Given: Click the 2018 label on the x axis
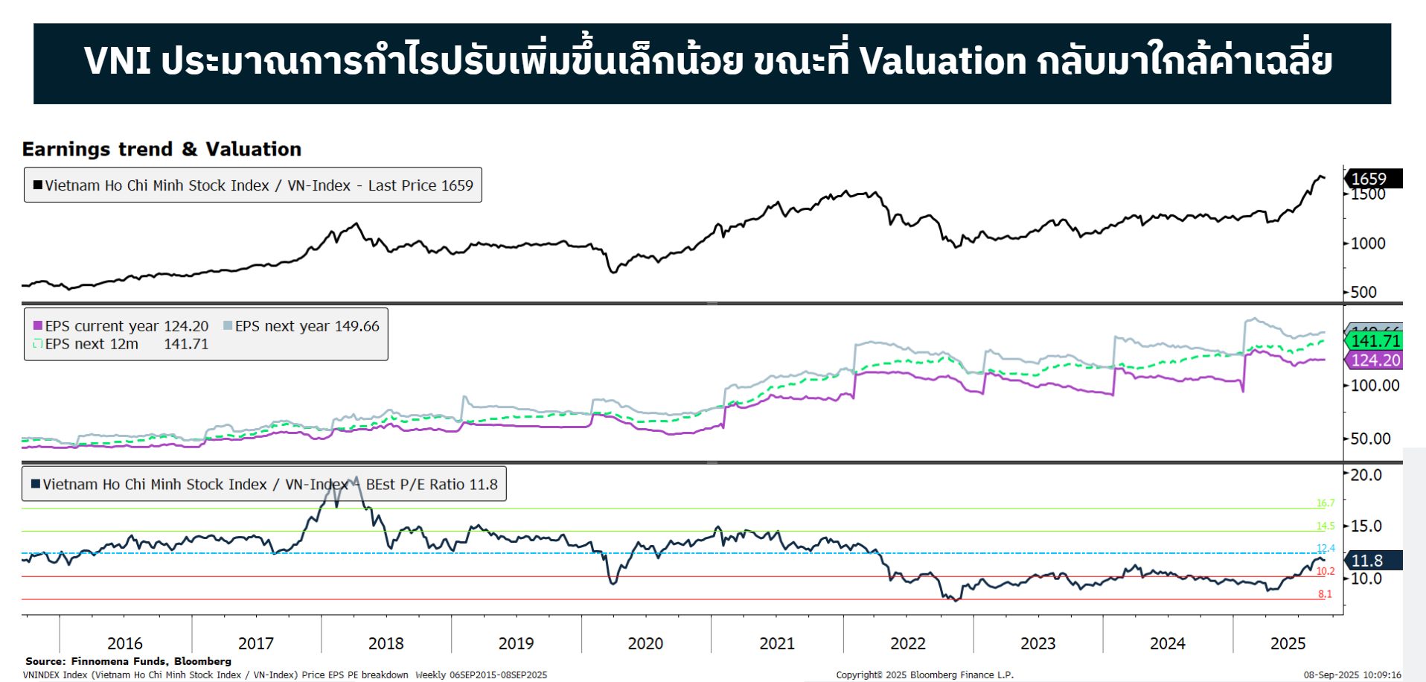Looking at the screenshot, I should (x=386, y=643).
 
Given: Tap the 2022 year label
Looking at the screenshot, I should (x=908, y=643).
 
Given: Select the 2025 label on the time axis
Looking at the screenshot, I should (x=1288, y=643).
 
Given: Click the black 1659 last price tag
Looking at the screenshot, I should (x=1372, y=179).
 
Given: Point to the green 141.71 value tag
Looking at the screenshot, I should (x=1375, y=341).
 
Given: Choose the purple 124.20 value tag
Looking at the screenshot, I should (x=1375, y=360).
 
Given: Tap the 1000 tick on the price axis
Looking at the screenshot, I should (x=1368, y=243).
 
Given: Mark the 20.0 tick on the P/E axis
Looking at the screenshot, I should (x=1366, y=475).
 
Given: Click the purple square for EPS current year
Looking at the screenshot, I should (x=38, y=326).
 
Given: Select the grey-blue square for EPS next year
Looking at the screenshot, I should (x=228, y=326).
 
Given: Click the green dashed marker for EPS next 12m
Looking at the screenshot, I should (x=38, y=344).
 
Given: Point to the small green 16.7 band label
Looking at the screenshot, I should (x=1326, y=503).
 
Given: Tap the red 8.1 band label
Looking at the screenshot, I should (x=1326, y=594).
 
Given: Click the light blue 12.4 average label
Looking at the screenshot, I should (x=1326, y=549).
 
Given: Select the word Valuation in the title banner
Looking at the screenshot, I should (x=943, y=61).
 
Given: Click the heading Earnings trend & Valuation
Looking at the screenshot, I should (x=162, y=150).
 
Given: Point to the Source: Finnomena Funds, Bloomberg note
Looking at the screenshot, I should (x=128, y=661).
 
